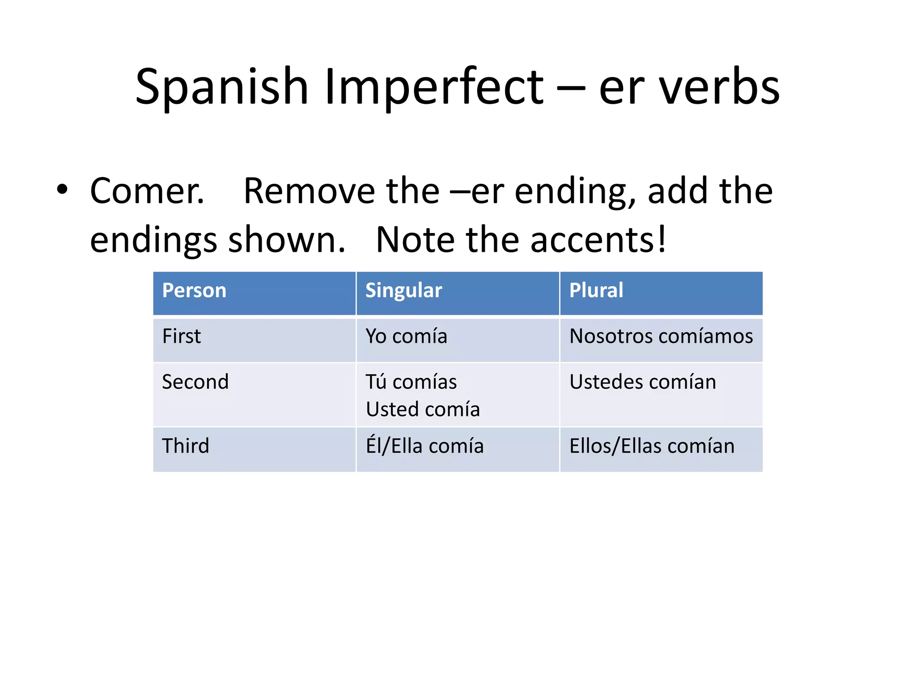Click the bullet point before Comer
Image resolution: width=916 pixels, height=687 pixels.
pos(62,190)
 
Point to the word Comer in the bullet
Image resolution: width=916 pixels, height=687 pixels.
pos(147,191)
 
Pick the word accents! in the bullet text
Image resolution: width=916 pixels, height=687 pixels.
pos(598,240)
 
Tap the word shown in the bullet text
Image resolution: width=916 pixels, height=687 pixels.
pos(287,240)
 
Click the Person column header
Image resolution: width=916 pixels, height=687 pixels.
pos(194,290)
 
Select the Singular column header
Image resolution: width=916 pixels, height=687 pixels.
pos(403,290)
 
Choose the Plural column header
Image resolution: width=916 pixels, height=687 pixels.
pos(596,290)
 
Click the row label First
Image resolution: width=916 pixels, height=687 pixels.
pos(181,336)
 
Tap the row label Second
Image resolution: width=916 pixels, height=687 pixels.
pos(195,382)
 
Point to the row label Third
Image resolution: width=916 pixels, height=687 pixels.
pos(186,446)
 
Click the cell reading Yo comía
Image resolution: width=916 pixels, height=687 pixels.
pos(406,336)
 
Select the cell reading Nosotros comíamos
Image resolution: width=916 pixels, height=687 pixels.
pos(661,336)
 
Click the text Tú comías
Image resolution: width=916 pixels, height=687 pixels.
pos(411,382)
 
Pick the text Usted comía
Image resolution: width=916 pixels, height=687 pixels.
pos(423,409)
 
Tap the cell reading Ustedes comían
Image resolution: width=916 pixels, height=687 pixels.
pos(642,382)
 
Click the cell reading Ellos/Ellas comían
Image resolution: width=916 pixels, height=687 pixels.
pos(652,446)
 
